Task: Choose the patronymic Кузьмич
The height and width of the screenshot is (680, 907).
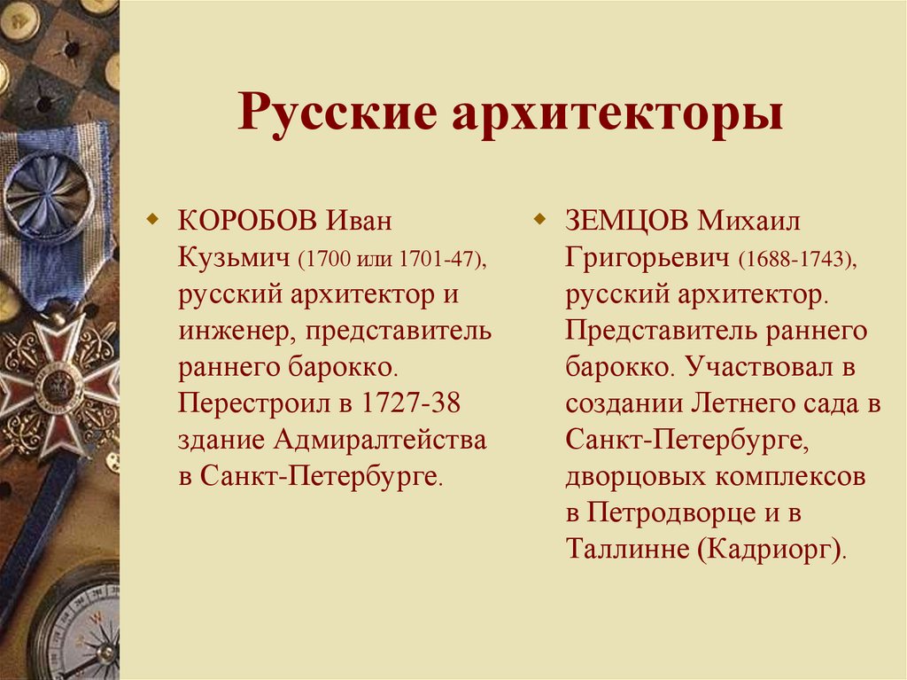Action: [235, 257]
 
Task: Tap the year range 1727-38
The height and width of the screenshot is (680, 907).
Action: [410, 403]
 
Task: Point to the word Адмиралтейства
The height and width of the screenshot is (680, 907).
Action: [380, 440]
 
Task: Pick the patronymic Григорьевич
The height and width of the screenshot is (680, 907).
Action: [646, 257]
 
